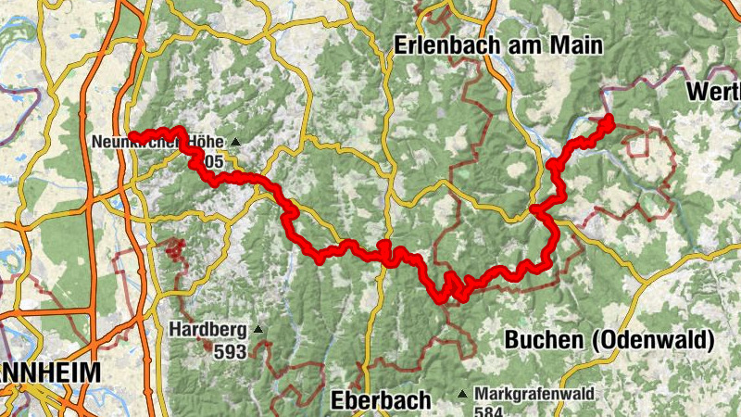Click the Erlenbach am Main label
coord(497,44)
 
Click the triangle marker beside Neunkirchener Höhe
coord(235,143)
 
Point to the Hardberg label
coord(207,329)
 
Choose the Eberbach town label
coord(381,400)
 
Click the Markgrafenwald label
coord(536,394)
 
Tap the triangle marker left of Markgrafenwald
coord(462,395)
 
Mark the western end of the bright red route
coord(131,136)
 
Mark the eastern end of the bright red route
coord(609,118)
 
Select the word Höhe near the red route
coord(207,143)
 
